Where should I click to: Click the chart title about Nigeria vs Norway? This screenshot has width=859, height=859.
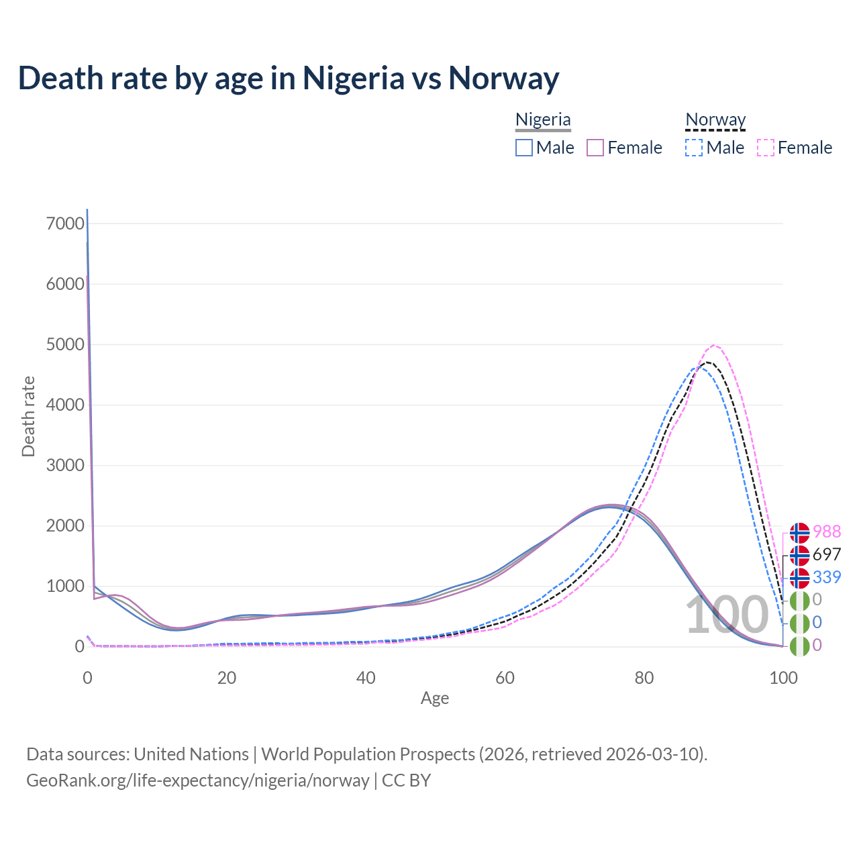289,78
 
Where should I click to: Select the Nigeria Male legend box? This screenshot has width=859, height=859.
524,148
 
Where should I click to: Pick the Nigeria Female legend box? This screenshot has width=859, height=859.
596,148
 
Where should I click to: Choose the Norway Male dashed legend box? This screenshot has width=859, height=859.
695,148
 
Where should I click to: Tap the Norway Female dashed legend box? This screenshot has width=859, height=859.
766,148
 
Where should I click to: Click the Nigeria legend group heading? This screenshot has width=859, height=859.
543,119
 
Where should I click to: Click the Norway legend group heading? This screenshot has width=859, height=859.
715,119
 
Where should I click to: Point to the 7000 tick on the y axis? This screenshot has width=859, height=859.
66,223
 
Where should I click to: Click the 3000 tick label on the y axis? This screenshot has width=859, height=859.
66,465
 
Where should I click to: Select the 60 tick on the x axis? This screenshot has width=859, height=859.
505,678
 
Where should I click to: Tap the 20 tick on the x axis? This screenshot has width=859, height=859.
227,678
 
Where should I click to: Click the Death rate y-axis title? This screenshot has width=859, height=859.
28,416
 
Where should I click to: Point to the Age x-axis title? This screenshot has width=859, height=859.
435,698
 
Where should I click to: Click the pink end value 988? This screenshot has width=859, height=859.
827,532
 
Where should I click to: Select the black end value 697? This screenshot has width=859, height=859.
827,554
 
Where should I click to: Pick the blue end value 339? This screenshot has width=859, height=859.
827,577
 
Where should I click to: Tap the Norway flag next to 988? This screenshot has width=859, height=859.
799,532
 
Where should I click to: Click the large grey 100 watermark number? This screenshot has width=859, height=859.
726,615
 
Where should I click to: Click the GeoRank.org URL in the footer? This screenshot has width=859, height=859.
198,780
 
